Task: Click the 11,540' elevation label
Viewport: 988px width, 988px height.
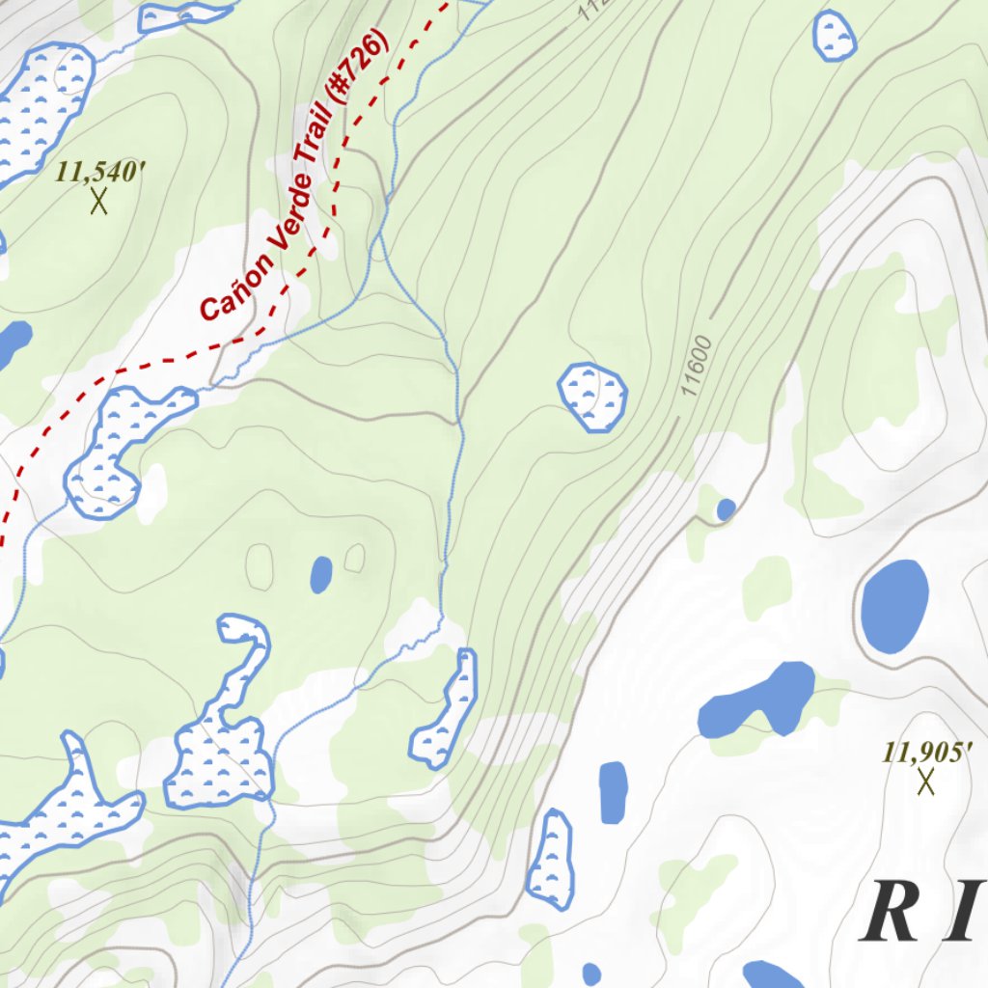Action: pyautogui.click(x=100, y=173)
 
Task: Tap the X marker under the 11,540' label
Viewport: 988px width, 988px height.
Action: pyautogui.click(x=97, y=202)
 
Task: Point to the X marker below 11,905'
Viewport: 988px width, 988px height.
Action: pyautogui.click(x=926, y=782)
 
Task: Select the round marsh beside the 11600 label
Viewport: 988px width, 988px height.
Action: pyautogui.click(x=592, y=396)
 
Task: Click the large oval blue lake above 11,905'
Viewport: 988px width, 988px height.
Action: pyautogui.click(x=894, y=604)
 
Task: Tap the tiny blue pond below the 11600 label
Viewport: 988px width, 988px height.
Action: pyautogui.click(x=726, y=508)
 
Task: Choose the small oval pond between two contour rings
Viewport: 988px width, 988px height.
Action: pyautogui.click(x=321, y=574)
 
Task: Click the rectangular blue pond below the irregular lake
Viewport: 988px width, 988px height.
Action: pyautogui.click(x=613, y=792)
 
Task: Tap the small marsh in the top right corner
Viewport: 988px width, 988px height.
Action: pyautogui.click(x=835, y=36)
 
